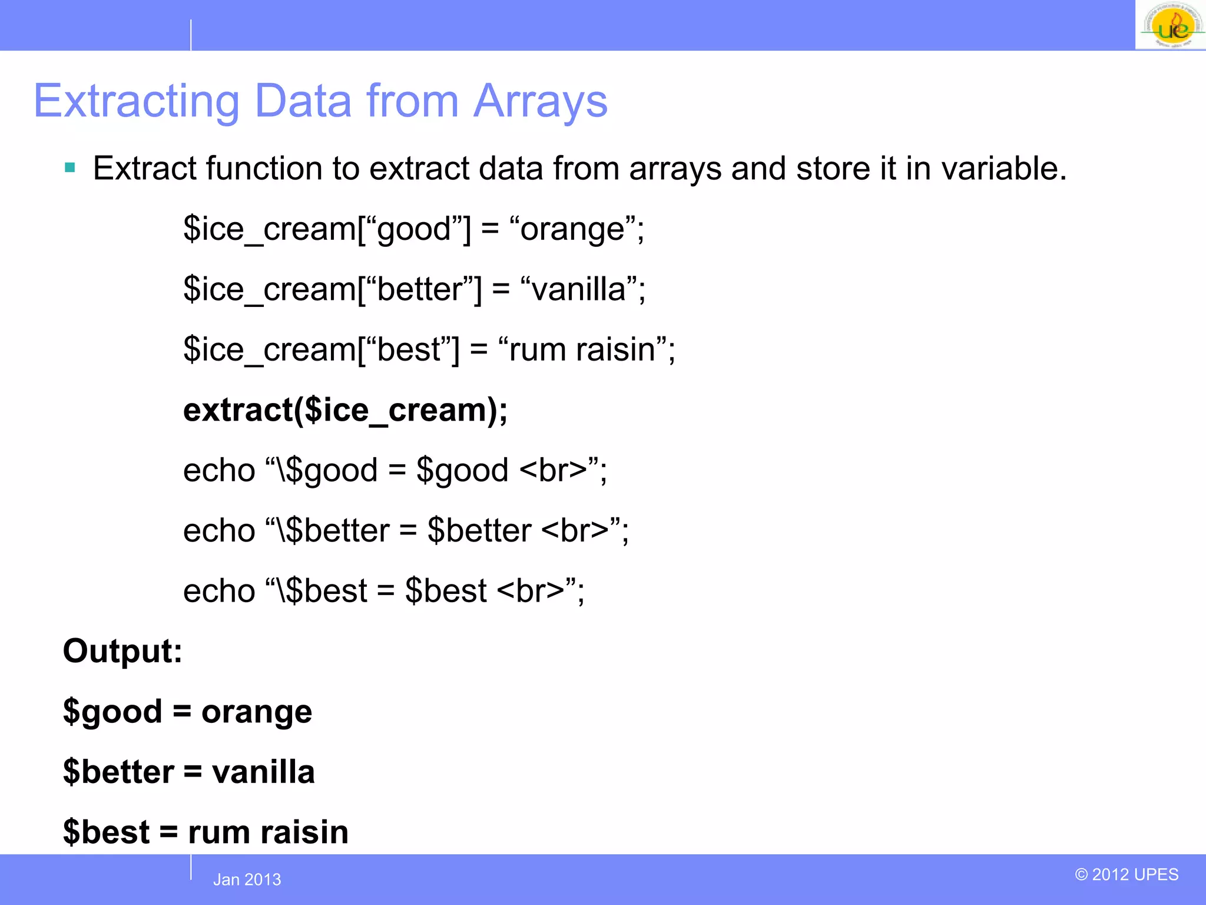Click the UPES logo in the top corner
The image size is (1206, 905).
point(1171,25)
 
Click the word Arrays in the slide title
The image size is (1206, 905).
point(540,101)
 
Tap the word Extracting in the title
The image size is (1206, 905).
point(136,101)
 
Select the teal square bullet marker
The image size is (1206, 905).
point(70,168)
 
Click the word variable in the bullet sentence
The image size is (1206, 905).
point(1003,169)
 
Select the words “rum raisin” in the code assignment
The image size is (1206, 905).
point(582,349)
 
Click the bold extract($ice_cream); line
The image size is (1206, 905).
point(345,410)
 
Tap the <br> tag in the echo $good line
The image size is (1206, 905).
point(554,471)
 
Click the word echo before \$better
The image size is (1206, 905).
point(219,531)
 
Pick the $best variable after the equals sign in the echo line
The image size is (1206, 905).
point(446,591)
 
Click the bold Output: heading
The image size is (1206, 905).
point(122,652)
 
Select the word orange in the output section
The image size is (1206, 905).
point(257,712)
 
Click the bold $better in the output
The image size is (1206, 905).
point(118,772)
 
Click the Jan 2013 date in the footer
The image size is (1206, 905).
point(247,880)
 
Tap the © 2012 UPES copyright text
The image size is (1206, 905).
point(1126,874)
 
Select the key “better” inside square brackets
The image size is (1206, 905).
point(419,289)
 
